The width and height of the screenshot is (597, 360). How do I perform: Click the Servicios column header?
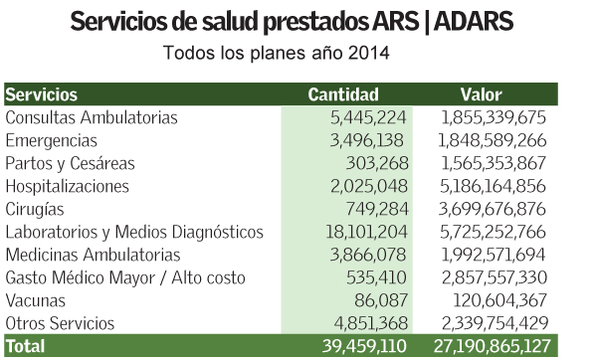pos(42,95)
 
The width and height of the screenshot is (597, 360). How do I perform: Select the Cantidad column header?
pos(343,95)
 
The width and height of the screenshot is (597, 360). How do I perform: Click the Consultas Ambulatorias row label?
pos(92,118)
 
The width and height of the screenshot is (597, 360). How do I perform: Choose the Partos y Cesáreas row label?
pos(70,163)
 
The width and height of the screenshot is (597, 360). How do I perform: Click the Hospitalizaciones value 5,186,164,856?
pos(491,186)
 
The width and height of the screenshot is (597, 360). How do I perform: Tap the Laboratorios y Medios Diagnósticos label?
pos(134,232)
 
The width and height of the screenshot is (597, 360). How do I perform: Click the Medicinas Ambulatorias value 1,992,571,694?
pos(491,255)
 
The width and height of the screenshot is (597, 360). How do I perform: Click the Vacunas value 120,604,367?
pos(497,300)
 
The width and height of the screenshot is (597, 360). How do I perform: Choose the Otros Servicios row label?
pos(60,323)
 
